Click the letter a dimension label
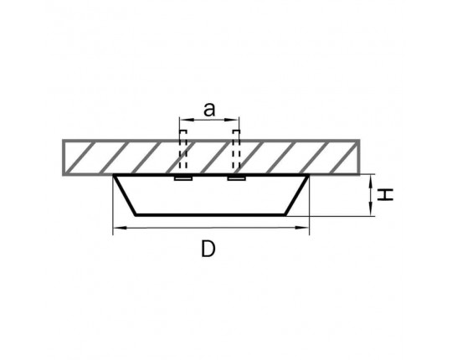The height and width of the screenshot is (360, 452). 209,110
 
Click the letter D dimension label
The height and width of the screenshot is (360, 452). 208,249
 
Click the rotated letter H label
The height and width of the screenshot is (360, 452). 386,195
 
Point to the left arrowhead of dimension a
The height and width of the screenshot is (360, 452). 184,119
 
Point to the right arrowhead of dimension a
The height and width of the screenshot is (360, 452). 234,119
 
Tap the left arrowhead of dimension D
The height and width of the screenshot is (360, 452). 120,228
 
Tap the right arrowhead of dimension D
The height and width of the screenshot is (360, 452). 302,228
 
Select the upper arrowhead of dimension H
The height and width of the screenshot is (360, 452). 371,181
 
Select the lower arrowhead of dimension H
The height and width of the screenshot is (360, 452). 371,209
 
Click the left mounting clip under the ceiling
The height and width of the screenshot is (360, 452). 183,178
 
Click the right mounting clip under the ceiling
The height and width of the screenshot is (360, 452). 236,178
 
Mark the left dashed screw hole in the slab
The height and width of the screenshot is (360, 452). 183,150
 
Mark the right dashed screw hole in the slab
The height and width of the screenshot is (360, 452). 236,150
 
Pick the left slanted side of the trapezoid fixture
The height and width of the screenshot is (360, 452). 125,195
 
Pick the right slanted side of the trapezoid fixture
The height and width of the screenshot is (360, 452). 296,195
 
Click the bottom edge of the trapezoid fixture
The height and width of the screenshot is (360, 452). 210,214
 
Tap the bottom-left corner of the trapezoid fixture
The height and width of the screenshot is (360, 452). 136,215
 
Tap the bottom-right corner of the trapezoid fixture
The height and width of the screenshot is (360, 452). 285,215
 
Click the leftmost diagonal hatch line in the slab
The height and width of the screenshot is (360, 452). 78,157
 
